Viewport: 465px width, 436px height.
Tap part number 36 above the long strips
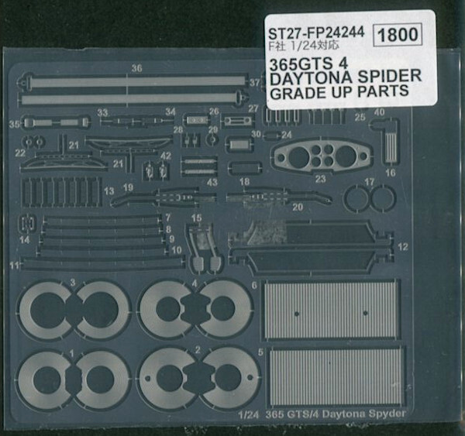click(136, 68)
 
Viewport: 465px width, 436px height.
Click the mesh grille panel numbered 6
click(332, 311)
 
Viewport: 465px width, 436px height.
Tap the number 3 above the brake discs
click(71, 282)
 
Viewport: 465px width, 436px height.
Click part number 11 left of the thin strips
click(14, 266)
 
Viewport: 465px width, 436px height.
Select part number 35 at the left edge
click(13, 123)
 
